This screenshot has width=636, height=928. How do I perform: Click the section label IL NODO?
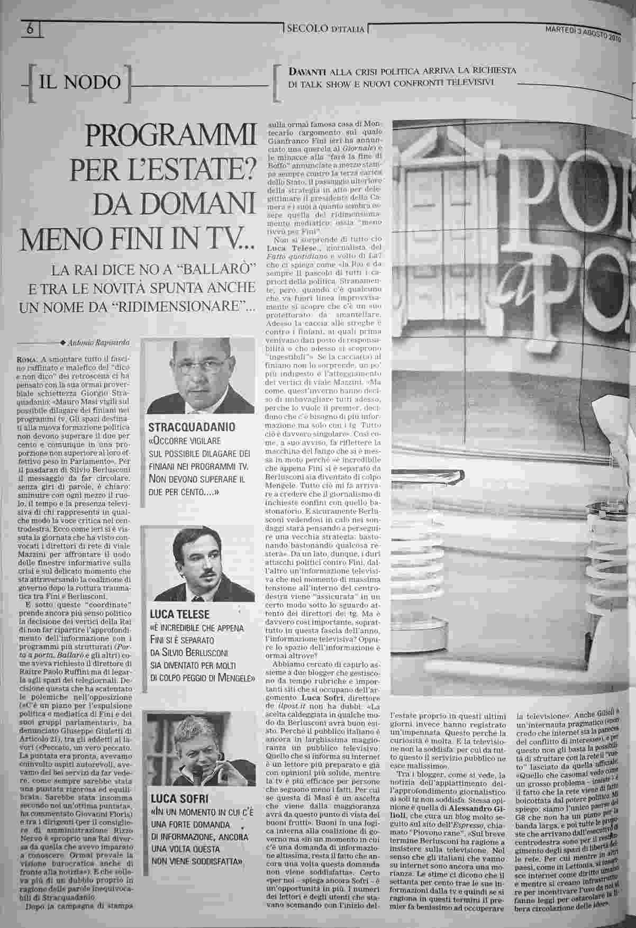click(80, 83)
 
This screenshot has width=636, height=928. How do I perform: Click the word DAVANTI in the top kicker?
click(307, 71)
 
